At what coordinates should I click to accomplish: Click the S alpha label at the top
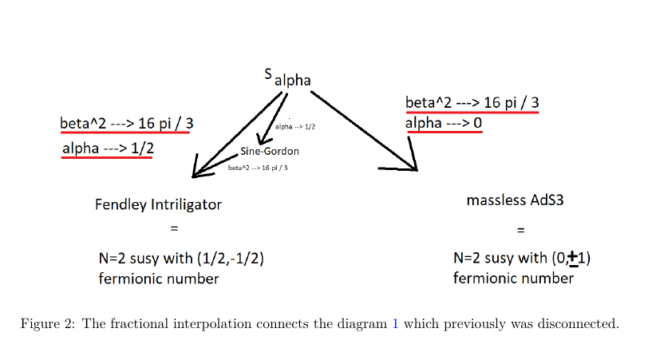(287, 78)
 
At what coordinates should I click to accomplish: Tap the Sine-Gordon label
(270, 152)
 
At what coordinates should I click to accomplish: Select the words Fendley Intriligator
(158, 204)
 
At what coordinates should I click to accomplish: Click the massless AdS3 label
(516, 200)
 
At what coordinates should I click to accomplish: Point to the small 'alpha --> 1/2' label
(294, 127)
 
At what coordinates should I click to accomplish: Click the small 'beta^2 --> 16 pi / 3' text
(258, 168)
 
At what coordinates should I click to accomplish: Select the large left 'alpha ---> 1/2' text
(108, 148)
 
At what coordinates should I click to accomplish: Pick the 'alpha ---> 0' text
(443, 124)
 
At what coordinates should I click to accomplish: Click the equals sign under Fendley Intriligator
(174, 229)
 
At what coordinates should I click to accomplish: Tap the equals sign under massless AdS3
(520, 230)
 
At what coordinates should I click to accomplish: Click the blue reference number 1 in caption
(394, 324)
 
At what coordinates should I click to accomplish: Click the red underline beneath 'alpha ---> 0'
(443, 133)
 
